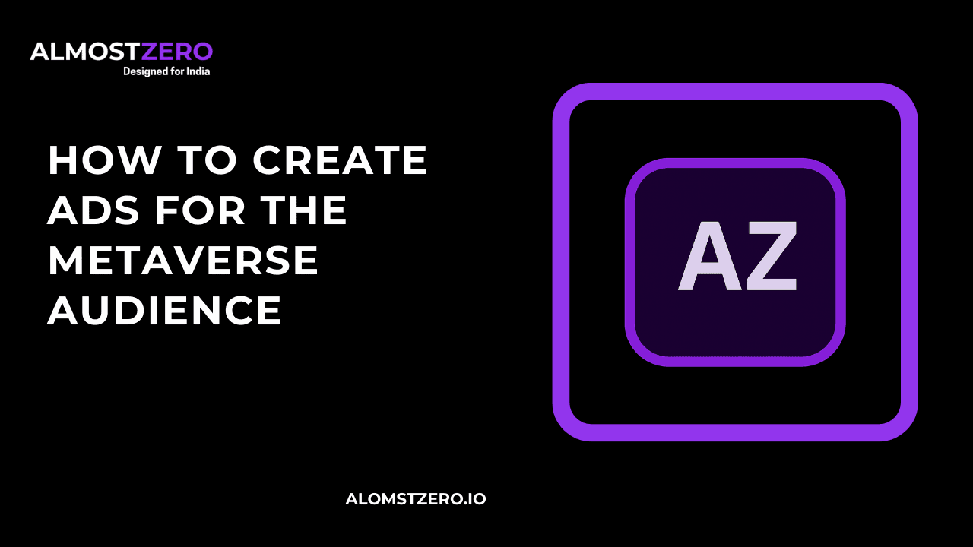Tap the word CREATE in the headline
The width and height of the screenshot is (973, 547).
(x=340, y=160)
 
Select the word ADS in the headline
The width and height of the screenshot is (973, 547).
(x=93, y=210)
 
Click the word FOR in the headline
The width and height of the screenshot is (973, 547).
(x=201, y=210)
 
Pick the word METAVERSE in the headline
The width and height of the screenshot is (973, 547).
(x=183, y=261)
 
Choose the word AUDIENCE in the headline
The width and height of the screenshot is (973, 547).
(x=165, y=311)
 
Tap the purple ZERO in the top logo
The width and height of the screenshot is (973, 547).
(x=177, y=52)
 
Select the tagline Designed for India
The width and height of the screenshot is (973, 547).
(x=166, y=71)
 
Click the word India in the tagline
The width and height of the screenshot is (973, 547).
(x=198, y=71)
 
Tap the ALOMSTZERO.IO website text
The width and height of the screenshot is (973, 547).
(x=416, y=499)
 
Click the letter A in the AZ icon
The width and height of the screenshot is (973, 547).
(x=707, y=256)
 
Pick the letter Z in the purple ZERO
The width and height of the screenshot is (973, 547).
(x=150, y=52)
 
